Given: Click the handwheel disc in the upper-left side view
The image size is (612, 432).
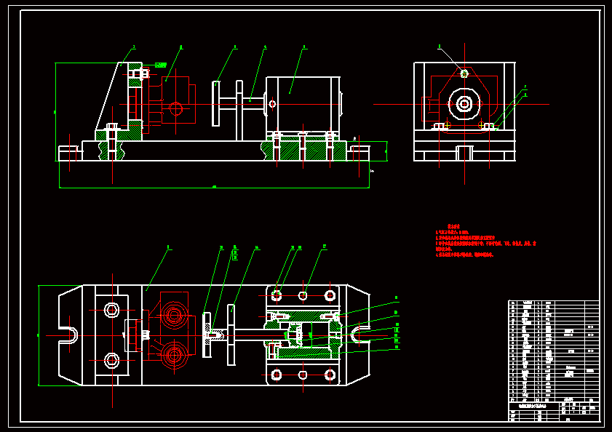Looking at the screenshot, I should point(216,104).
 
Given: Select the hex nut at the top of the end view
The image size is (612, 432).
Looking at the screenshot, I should point(464,73).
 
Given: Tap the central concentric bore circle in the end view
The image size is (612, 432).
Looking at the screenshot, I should point(464,104).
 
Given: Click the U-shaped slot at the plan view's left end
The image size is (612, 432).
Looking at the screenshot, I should point(68,335).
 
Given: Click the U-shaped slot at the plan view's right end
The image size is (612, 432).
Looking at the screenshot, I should point(359,335).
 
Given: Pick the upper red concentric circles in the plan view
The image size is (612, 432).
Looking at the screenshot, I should point(173,315).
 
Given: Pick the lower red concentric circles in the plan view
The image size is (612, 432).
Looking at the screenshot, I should point(173,356).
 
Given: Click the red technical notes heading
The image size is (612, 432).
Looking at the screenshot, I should point(455,226).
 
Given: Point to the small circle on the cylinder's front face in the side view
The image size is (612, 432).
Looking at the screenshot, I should point(272,104).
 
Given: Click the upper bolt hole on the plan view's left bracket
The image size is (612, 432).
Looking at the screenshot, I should point(111,311).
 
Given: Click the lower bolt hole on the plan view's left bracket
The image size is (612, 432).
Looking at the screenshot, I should point(111,360).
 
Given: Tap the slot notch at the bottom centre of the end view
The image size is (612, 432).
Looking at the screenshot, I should point(464,153).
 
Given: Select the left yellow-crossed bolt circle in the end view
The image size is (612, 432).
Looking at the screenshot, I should point(440,126).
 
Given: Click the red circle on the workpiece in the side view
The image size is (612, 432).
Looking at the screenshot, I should point(175,109).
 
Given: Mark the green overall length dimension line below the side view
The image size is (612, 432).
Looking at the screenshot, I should point(214,188).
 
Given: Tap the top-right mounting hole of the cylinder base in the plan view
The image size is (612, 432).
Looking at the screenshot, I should point(330,296).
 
